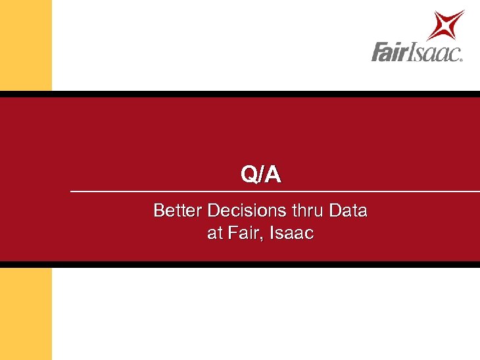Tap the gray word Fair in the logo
click(391, 52)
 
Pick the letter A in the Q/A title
click(273, 174)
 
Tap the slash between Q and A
click(262, 175)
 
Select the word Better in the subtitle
click(178, 211)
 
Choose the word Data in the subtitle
click(348, 211)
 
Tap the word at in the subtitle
click(214, 233)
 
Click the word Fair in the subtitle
click(241, 232)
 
